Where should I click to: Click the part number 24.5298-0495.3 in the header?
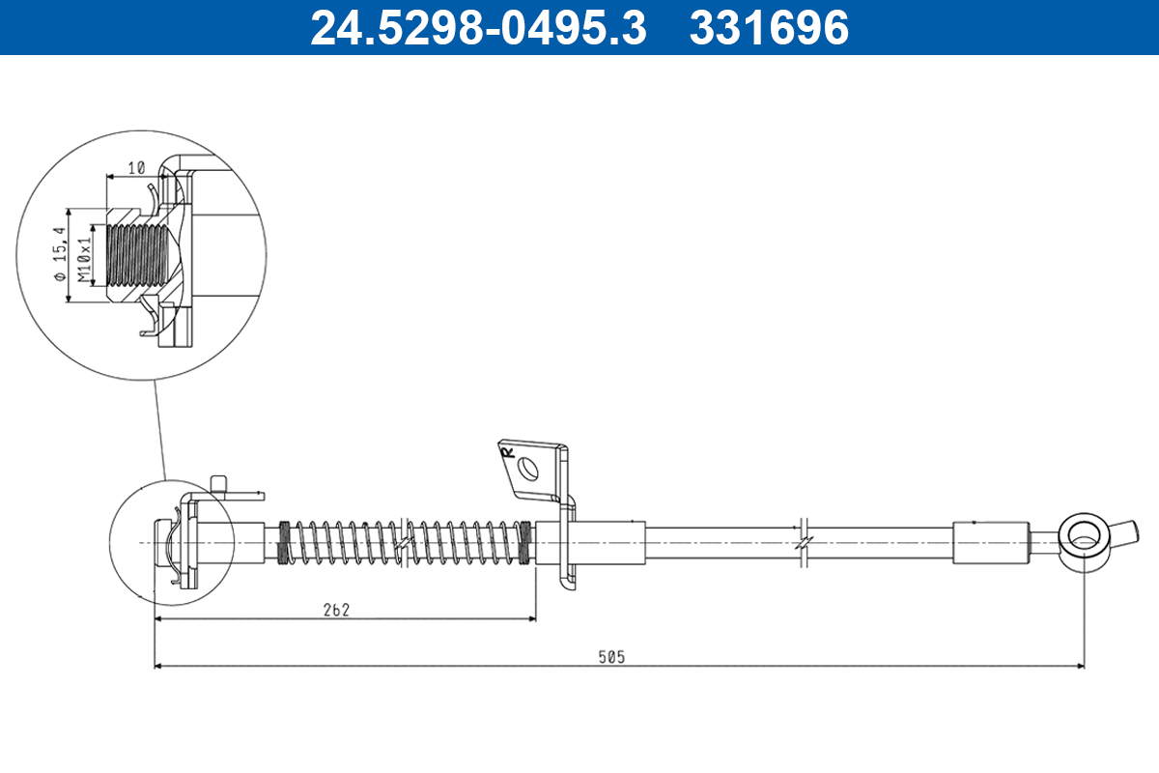(477, 28)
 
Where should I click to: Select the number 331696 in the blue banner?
(769, 28)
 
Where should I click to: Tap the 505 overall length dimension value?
(610, 657)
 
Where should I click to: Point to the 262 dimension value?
(336, 610)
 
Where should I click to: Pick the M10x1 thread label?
(86, 255)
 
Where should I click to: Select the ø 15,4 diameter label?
(60, 255)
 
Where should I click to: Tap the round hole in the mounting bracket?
(528, 469)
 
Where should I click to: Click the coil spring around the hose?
(406, 542)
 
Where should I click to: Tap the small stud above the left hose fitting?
(219, 484)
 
